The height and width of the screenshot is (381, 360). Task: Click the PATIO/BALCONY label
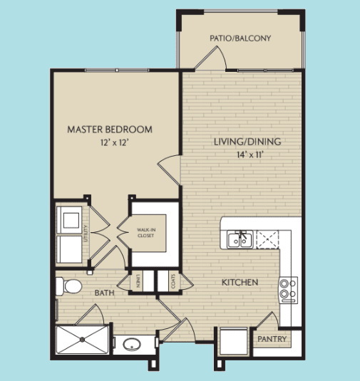tap(240, 38)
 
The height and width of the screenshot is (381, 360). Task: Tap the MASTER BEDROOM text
tap(110, 130)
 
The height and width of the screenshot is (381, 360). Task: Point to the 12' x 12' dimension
tap(110, 142)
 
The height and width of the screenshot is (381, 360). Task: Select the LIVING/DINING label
tap(247, 142)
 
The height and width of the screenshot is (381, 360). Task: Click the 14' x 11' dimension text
tap(247, 155)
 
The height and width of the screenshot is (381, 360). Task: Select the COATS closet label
tap(173, 281)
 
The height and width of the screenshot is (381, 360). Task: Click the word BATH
tap(106, 292)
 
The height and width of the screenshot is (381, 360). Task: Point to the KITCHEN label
tap(240, 283)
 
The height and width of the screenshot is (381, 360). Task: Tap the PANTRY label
tap(272, 339)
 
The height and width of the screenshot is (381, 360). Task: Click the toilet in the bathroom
tap(68, 286)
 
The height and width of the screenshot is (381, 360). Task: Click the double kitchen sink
tap(239, 240)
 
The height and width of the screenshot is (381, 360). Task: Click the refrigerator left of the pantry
tap(234, 341)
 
